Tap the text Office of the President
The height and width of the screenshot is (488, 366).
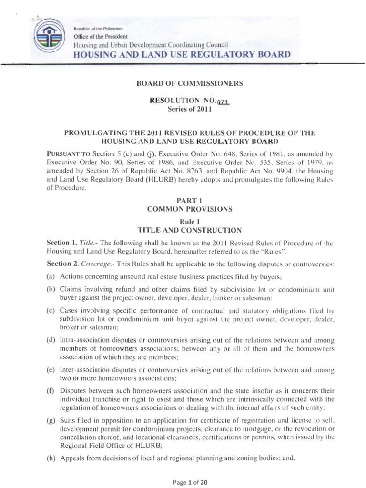pyautogui.click(x=100, y=36)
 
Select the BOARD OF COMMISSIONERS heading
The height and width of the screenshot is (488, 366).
pyautogui.click(x=190, y=84)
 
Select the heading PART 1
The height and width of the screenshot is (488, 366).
pyautogui.click(x=190, y=201)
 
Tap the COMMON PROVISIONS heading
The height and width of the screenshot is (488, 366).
pyautogui.click(x=190, y=209)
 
